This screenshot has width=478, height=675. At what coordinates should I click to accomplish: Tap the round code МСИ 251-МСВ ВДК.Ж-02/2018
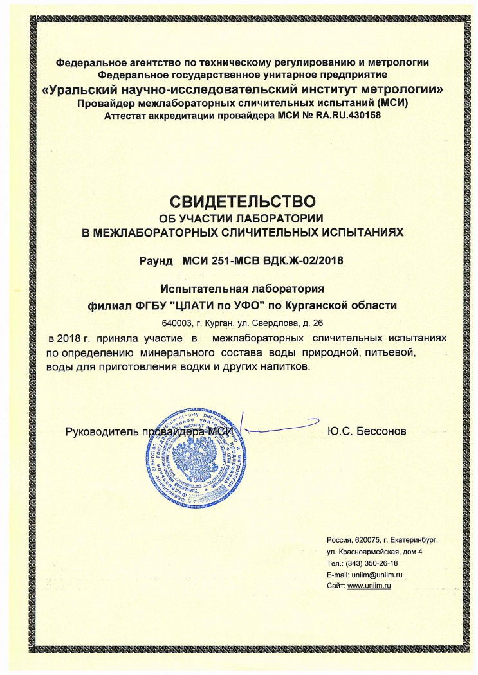(264, 261)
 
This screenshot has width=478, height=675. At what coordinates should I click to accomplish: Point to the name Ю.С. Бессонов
(367, 431)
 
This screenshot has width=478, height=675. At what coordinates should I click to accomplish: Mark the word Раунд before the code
(156, 261)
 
